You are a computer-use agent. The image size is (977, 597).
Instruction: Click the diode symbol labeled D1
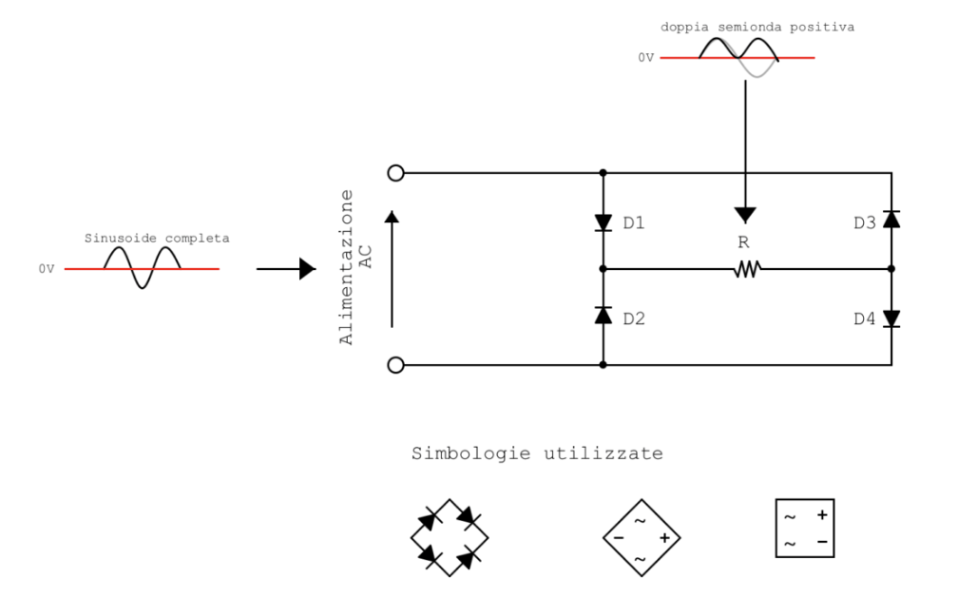603,222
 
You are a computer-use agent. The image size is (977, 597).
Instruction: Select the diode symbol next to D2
603,316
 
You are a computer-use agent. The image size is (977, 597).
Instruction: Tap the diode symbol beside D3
891,220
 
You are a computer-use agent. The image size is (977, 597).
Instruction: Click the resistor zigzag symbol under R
747,270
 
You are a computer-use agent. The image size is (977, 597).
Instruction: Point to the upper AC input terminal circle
396,173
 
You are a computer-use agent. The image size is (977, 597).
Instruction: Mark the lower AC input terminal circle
396,365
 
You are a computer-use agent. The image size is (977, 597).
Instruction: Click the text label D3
864,223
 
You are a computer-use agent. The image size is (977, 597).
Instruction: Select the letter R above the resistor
744,242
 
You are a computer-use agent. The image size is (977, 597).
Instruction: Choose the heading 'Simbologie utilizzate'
537,453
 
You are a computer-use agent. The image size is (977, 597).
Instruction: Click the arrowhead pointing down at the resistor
746,214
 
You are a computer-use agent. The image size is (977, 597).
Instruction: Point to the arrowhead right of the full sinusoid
307,269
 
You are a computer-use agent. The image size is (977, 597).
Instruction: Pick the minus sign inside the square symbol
821,542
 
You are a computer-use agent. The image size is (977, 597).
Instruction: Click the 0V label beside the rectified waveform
646,58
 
